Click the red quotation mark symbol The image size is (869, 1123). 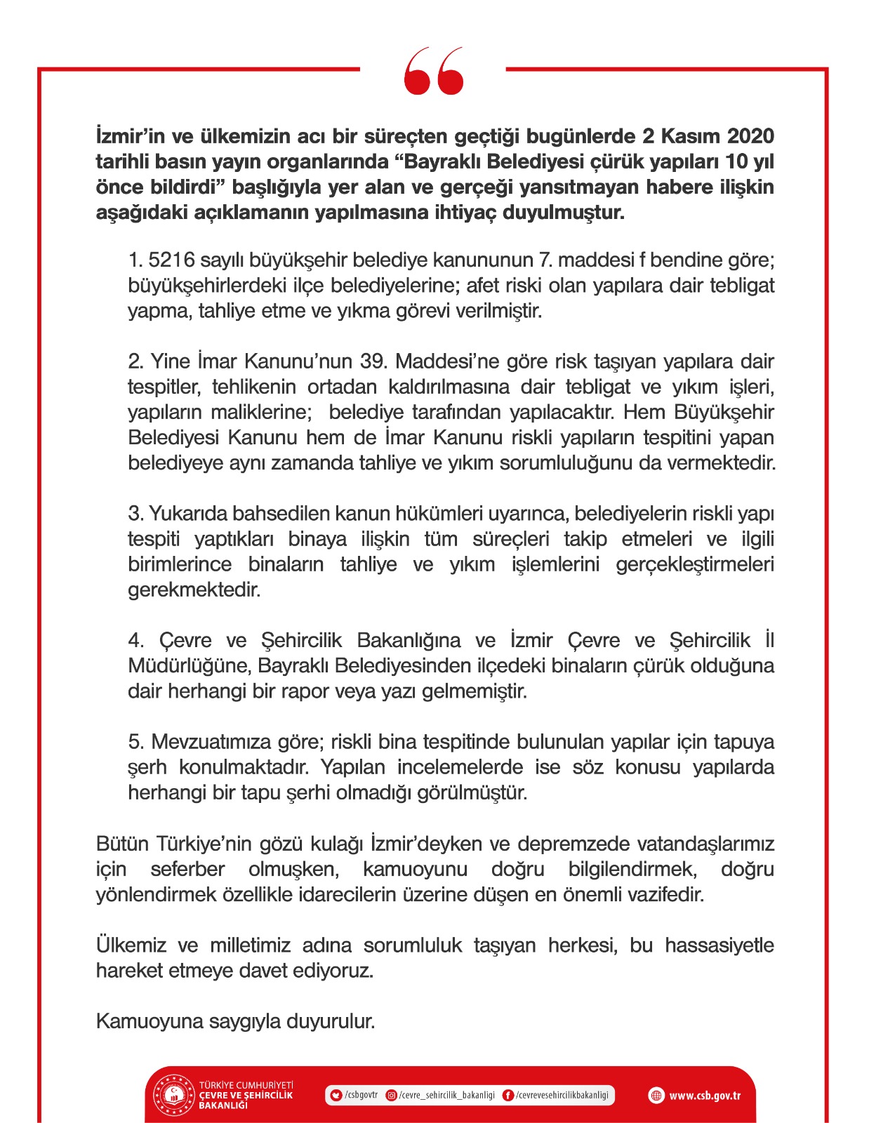[x=434, y=70]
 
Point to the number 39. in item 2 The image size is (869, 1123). [x=373, y=361]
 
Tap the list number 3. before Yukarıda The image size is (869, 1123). [x=136, y=514]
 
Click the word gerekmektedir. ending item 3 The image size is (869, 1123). [x=194, y=590]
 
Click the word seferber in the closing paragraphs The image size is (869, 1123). [x=187, y=869]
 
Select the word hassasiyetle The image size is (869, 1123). [x=719, y=945]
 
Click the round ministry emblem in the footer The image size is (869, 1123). [x=173, y=1095]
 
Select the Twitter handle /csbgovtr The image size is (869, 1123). [x=361, y=1095]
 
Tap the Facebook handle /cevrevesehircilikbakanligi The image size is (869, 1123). [x=562, y=1095]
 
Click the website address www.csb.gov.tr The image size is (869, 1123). [x=704, y=1096]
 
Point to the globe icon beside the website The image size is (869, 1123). [x=656, y=1096]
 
